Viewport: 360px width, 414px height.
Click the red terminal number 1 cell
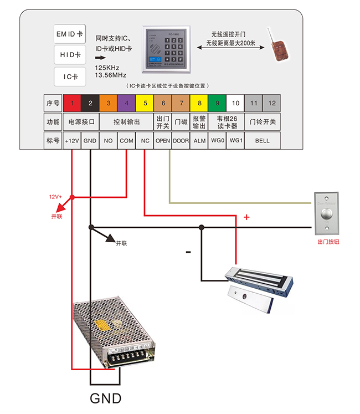71,103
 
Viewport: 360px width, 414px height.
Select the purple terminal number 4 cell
126,103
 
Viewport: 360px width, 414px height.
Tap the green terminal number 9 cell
217,103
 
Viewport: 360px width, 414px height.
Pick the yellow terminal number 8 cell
199,103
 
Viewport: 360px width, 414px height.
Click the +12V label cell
71,141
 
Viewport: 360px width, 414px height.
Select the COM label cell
126,141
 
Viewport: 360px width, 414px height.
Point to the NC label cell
145,141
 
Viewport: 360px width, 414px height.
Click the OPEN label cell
162,141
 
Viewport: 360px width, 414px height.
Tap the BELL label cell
262,141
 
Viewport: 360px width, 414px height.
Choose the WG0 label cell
217,141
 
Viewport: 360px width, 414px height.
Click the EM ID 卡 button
70,34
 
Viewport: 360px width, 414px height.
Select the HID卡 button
70,55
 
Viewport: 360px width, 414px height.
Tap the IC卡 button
70,76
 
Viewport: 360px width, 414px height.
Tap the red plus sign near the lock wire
246,217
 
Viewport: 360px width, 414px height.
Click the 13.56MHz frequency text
111,75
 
